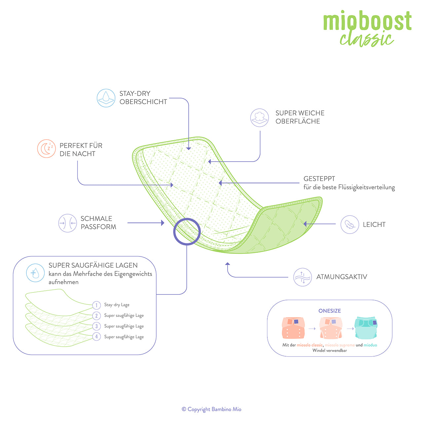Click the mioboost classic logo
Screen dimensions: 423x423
(x=367, y=28)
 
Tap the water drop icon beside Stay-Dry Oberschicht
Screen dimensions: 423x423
(x=106, y=97)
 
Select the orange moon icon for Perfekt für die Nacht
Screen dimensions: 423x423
(x=46, y=149)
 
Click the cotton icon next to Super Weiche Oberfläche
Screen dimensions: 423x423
(x=259, y=118)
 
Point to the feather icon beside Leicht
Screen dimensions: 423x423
(x=350, y=224)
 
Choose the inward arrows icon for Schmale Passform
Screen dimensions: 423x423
(x=67, y=223)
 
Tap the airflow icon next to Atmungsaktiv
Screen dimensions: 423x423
(x=302, y=277)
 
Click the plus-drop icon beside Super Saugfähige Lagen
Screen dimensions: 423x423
(x=35, y=273)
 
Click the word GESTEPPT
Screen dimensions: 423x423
(x=319, y=179)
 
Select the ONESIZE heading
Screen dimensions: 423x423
(x=329, y=311)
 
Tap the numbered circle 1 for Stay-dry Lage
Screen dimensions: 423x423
(x=96, y=305)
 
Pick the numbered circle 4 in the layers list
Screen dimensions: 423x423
(x=96, y=337)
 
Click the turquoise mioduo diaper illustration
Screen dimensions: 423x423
(x=366, y=327)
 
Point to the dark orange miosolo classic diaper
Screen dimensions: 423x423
(x=293, y=328)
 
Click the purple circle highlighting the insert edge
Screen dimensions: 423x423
(x=187, y=231)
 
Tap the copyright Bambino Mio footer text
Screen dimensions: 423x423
(x=211, y=409)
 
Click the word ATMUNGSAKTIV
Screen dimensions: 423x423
(x=342, y=277)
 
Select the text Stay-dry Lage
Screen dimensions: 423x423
(x=117, y=305)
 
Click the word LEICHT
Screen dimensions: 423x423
(x=374, y=225)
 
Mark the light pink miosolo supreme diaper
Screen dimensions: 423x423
(x=331, y=328)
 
